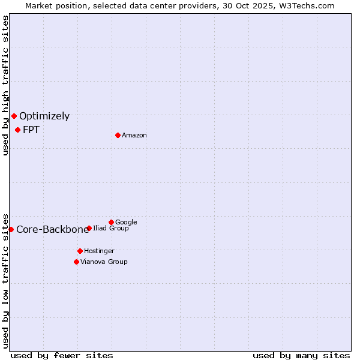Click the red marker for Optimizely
click(x=14, y=116)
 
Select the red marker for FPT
click(x=17, y=130)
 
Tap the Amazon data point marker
click(x=118, y=135)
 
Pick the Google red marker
click(x=111, y=222)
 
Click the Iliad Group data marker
click(x=89, y=228)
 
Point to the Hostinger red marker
click(x=80, y=251)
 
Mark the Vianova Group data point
click(x=76, y=262)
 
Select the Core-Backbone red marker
click(x=11, y=229)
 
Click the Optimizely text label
click(x=44, y=116)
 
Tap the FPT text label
click(x=31, y=130)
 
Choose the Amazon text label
click(x=134, y=136)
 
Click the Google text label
click(x=126, y=223)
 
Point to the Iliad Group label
click(x=111, y=229)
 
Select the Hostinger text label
click(x=99, y=251)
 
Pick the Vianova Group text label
click(x=104, y=262)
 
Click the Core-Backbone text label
click(x=52, y=230)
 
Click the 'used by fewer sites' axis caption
click(x=62, y=355)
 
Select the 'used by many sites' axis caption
click(x=301, y=355)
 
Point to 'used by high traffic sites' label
click(x=5, y=85)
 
